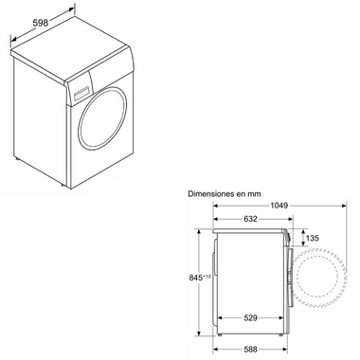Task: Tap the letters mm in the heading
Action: point(255,192)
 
